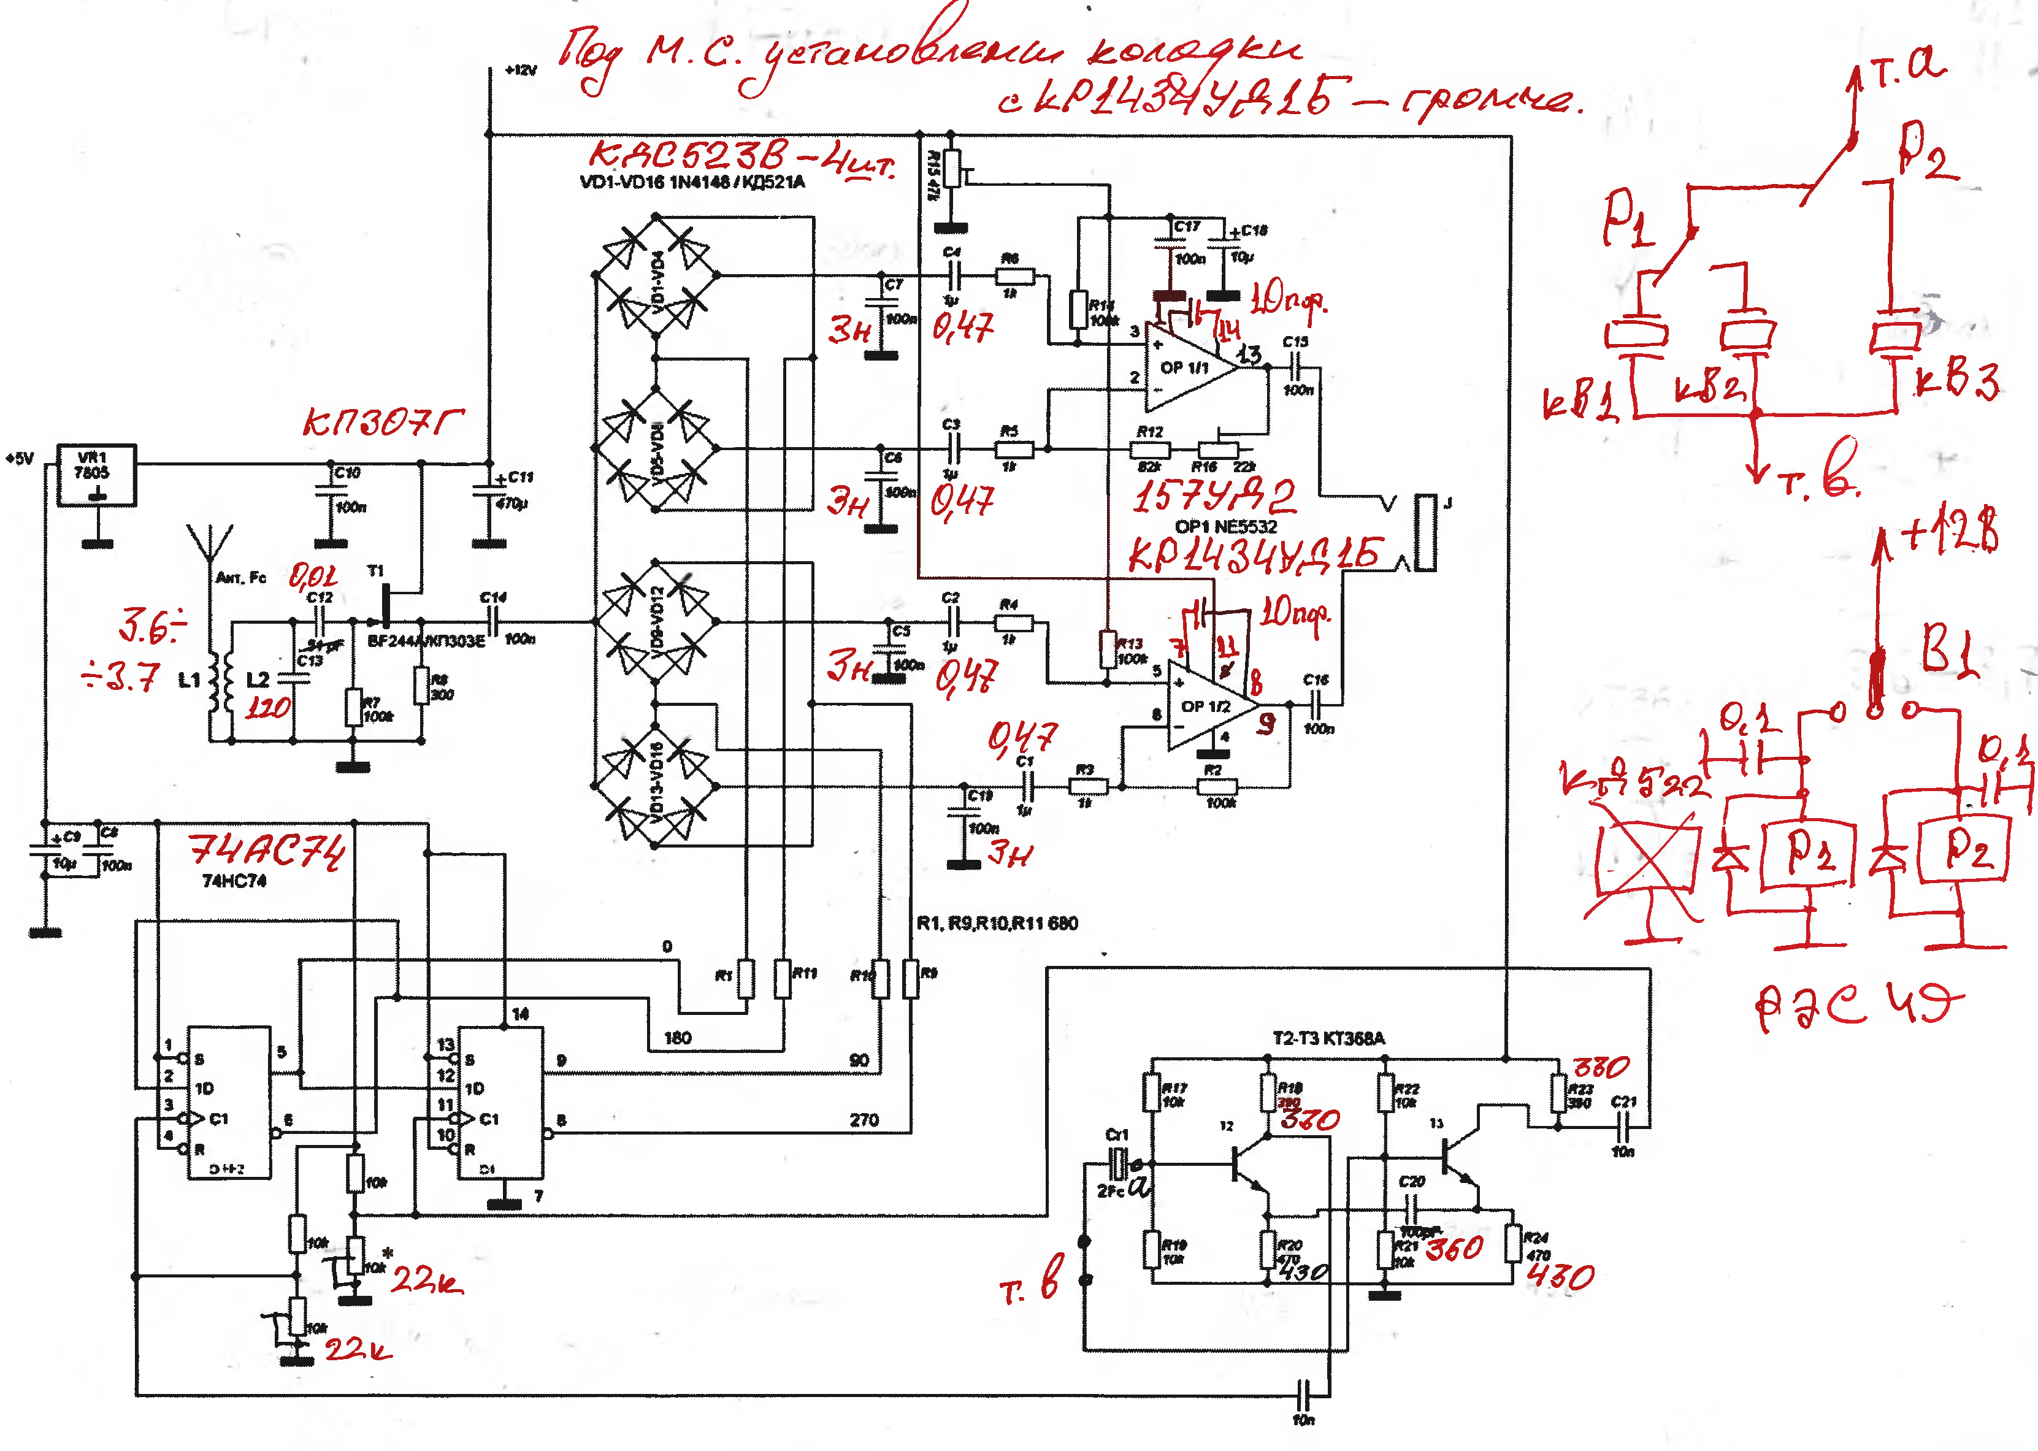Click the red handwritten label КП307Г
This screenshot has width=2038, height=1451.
click(383, 421)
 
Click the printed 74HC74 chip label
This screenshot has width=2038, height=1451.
click(234, 881)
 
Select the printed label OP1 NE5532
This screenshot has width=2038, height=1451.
click(1226, 526)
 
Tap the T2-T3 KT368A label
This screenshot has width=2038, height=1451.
click(1328, 1038)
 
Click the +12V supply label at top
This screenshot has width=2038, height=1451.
click(521, 70)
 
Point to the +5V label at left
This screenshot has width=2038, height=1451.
click(20, 458)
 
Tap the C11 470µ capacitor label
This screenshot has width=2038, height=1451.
click(514, 489)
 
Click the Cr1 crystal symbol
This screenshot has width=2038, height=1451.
click(1117, 1164)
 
